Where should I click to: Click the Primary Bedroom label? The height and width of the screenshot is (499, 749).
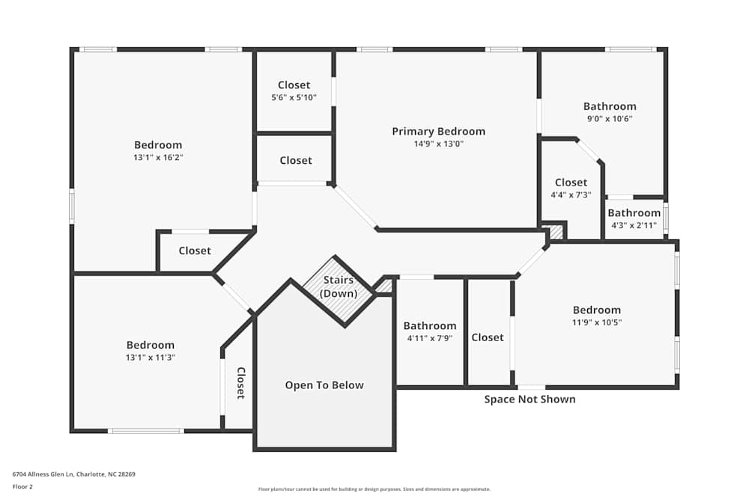pyautogui.click(x=438, y=132)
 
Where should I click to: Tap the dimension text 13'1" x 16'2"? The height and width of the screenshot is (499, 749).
pyautogui.click(x=158, y=157)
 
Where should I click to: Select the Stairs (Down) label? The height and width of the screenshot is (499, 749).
pyautogui.click(x=338, y=287)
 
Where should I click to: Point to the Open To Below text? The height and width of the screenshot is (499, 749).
pyautogui.click(x=324, y=385)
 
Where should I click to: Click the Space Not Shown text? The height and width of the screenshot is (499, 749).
pyautogui.click(x=530, y=399)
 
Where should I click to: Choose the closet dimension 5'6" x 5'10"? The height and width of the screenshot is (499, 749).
pyautogui.click(x=294, y=97)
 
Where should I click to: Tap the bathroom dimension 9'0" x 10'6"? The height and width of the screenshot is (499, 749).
pyautogui.click(x=610, y=118)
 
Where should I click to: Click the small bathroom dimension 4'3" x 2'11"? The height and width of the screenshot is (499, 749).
pyautogui.click(x=634, y=225)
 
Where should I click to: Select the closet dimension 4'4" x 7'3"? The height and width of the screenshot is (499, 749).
pyautogui.click(x=571, y=195)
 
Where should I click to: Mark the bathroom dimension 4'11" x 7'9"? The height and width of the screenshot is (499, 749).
pyautogui.click(x=429, y=338)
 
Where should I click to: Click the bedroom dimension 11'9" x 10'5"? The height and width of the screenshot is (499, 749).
pyautogui.click(x=597, y=322)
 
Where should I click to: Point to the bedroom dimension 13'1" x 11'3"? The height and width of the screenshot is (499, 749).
pyautogui.click(x=150, y=358)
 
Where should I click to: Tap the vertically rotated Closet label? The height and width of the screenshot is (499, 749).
pyautogui.click(x=241, y=383)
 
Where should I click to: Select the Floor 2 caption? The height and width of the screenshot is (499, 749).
pyautogui.click(x=22, y=486)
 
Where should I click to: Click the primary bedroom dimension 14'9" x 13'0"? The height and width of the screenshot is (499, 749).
pyautogui.click(x=438, y=144)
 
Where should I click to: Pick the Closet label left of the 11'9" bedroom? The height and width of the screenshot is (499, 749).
pyautogui.click(x=488, y=337)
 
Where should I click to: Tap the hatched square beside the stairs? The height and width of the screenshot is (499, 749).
pyautogui.click(x=383, y=286)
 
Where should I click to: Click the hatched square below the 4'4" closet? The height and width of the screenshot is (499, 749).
pyautogui.click(x=555, y=232)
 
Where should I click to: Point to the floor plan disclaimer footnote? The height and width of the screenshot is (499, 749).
pyautogui.click(x=374, y=489)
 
